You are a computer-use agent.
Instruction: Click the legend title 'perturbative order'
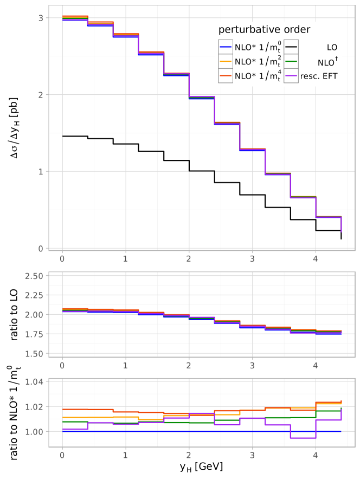click(x=264, y=29)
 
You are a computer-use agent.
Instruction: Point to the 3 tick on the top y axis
click(x=40, y=18)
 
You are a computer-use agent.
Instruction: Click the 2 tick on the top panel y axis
click(x=40, y=95)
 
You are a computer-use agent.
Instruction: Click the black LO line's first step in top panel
click(x=75, y=137)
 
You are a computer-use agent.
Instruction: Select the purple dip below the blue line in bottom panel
click(x=303, y=438)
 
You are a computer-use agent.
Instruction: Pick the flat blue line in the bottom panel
click(x=163, y=431)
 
